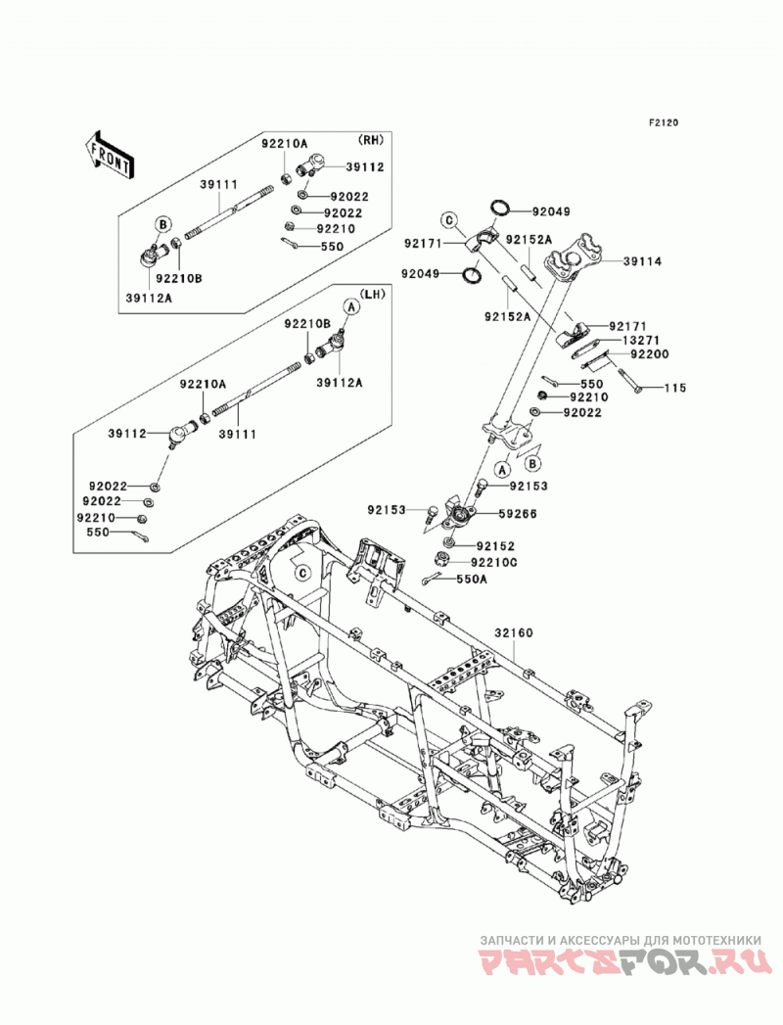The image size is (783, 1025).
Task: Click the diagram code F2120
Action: (664, 121)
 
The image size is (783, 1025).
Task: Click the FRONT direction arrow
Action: (110, 156)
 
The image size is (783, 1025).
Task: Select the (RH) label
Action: (370, 139)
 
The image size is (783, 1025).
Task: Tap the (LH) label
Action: (372, 294)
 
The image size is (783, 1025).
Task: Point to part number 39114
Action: (642, 261)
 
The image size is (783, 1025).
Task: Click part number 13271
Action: (640, 340)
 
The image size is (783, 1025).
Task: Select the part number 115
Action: (675, 388)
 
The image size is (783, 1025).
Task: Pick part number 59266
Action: (517, 514)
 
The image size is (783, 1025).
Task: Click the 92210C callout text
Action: (495, 562)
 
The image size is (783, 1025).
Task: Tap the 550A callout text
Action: (471, 580)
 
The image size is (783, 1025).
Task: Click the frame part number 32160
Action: (513, 632)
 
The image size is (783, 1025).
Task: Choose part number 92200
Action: (650, 354)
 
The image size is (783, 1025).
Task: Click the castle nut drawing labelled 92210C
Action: (441, 559)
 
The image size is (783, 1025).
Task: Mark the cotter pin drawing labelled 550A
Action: (431, 580)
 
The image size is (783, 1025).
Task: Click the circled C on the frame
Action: (302, 574)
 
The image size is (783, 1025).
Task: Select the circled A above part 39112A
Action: (349, 305)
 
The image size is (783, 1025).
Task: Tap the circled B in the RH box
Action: (162, 225)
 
